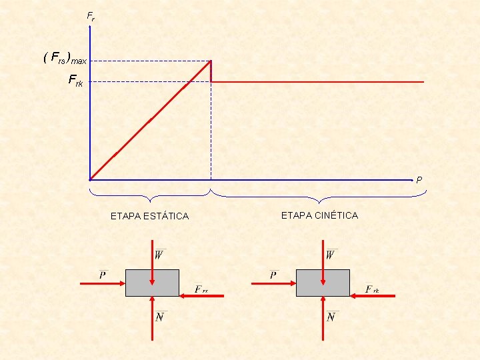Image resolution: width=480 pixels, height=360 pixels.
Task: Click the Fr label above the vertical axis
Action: [91, 17]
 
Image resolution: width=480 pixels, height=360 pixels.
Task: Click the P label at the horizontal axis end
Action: [419, 180]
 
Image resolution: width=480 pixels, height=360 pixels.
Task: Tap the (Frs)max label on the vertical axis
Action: [65, 59]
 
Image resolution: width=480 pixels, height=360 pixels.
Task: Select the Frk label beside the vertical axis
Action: [75, 81]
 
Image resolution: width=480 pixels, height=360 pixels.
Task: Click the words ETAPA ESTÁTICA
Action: [149, 216]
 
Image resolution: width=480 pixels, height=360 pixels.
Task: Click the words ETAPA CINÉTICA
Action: [319, 215]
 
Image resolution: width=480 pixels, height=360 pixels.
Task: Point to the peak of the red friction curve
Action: [211, 61]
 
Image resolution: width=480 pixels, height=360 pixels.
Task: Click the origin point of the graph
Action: [89, 179]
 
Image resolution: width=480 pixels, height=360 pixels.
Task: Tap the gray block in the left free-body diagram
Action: [152, 283]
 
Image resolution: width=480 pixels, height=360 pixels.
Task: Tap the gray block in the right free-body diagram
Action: [323, 283]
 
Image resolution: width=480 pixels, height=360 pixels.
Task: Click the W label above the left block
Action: [160, 255]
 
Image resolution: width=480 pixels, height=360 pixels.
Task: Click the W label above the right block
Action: [331, 255]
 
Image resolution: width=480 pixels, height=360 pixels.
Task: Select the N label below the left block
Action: [160, 317]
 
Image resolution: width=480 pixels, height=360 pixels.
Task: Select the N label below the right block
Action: [331, 317]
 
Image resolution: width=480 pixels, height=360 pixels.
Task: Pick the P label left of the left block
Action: [103, 275]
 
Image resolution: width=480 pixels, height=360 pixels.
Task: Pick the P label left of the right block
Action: [274, 275]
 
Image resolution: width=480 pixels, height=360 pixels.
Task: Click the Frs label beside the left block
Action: [201, 289]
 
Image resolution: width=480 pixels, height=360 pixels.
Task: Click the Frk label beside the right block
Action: [372, 289]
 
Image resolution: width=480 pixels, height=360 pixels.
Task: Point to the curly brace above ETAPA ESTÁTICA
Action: [151, 196]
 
